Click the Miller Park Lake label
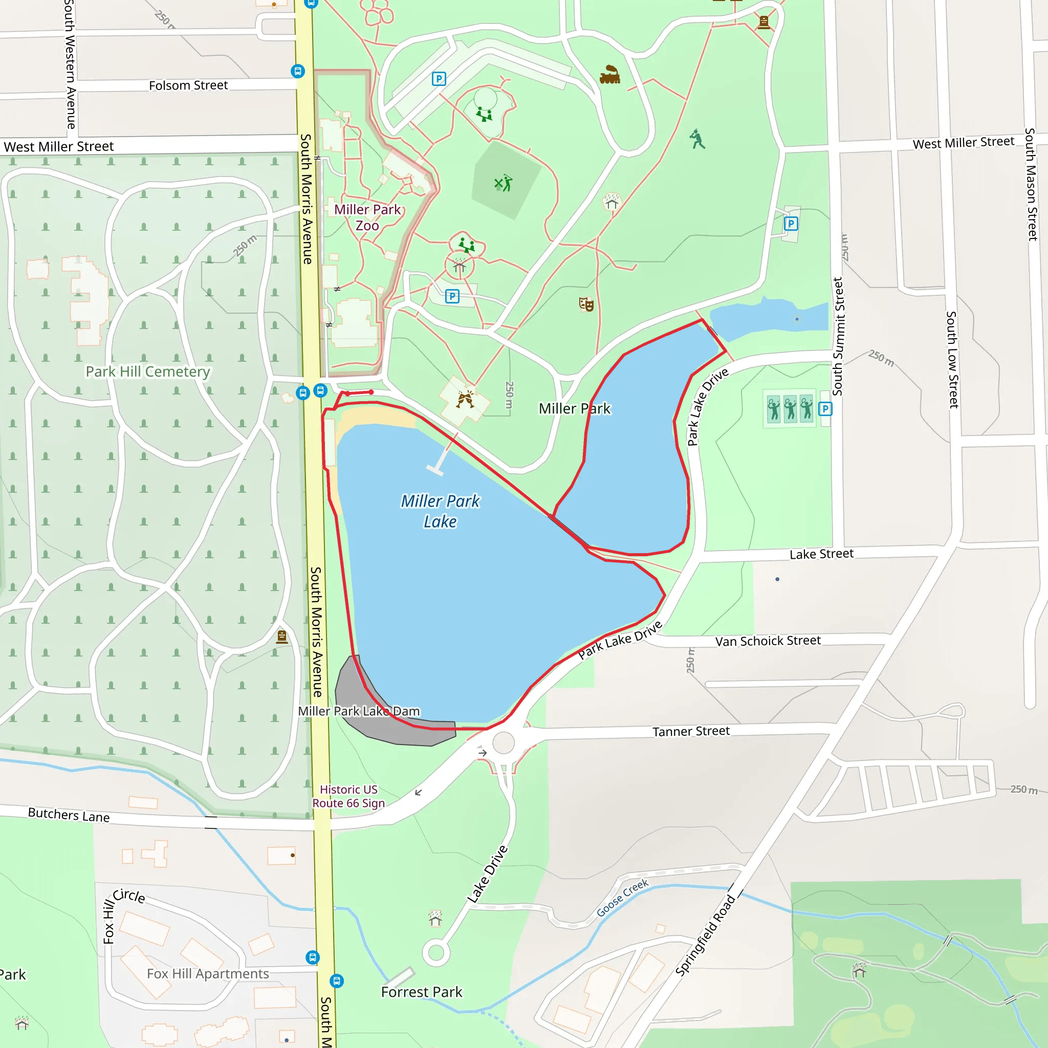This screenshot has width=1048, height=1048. tap(440, 511)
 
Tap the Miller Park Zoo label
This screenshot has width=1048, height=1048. tap(367, 217)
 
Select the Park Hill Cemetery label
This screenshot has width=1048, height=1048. tap(147, 372)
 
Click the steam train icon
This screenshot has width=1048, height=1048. tap(609, 75)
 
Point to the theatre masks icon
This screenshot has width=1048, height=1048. tap(586, 304)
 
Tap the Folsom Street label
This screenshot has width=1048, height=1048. tap(188, 85)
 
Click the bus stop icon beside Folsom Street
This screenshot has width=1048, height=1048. tap(297, 71)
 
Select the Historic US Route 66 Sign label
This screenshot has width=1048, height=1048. tap(349, 796)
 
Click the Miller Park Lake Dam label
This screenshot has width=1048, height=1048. tap(359, 711)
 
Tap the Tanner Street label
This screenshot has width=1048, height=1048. tap(690, 731)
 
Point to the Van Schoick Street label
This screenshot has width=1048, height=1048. tap(768, 641)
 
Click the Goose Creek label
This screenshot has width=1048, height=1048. tap(622, 898)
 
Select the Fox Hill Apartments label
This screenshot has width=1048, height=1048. tap(208, 974)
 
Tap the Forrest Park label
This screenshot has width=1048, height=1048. tap(422, 992)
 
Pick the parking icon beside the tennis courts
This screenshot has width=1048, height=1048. tap(825, 409)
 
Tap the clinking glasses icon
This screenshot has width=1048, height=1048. tap(465, 400)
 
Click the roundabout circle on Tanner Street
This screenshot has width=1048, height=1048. tap(504, 743)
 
